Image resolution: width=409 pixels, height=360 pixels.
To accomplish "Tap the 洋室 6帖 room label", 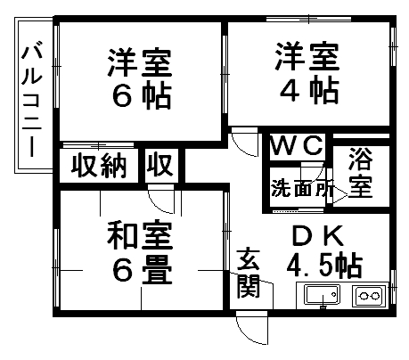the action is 140,79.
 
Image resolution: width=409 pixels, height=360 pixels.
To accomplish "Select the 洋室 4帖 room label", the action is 308,73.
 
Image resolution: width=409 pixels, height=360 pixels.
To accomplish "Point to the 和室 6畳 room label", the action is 140,253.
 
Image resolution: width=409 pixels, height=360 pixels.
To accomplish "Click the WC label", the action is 297,145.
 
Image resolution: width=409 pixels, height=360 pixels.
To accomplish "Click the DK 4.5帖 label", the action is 324,251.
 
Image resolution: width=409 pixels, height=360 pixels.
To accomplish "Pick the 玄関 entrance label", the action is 249,273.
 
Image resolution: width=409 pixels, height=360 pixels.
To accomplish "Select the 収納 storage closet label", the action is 99,166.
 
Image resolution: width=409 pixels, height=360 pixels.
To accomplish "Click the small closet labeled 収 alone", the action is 160,165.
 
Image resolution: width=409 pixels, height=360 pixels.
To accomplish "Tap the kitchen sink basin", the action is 322,294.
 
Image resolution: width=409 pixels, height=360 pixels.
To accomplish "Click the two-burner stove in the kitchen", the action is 369,296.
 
